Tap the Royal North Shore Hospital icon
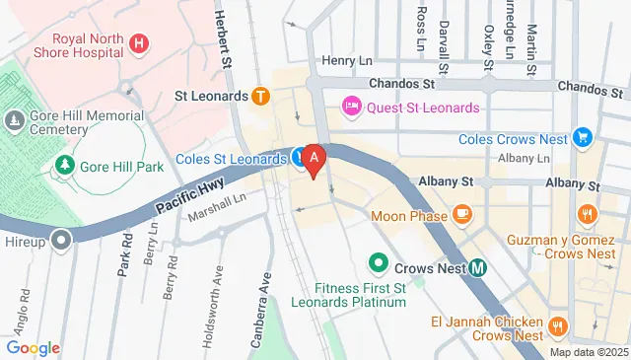coord(139,43)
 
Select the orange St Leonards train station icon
coord(260,97)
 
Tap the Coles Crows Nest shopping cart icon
coord(583,137)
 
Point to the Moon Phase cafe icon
coord(461,214)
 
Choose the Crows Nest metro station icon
coord(477,266)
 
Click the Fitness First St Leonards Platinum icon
coord(377,263)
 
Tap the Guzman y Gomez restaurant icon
coord(587,214)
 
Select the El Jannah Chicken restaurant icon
coord(557,325)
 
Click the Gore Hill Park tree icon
coord(64,166)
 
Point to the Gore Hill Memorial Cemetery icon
coord(14,120)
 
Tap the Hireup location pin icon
coord(62,240)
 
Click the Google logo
coord(33,347)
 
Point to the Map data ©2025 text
coord(588,352)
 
